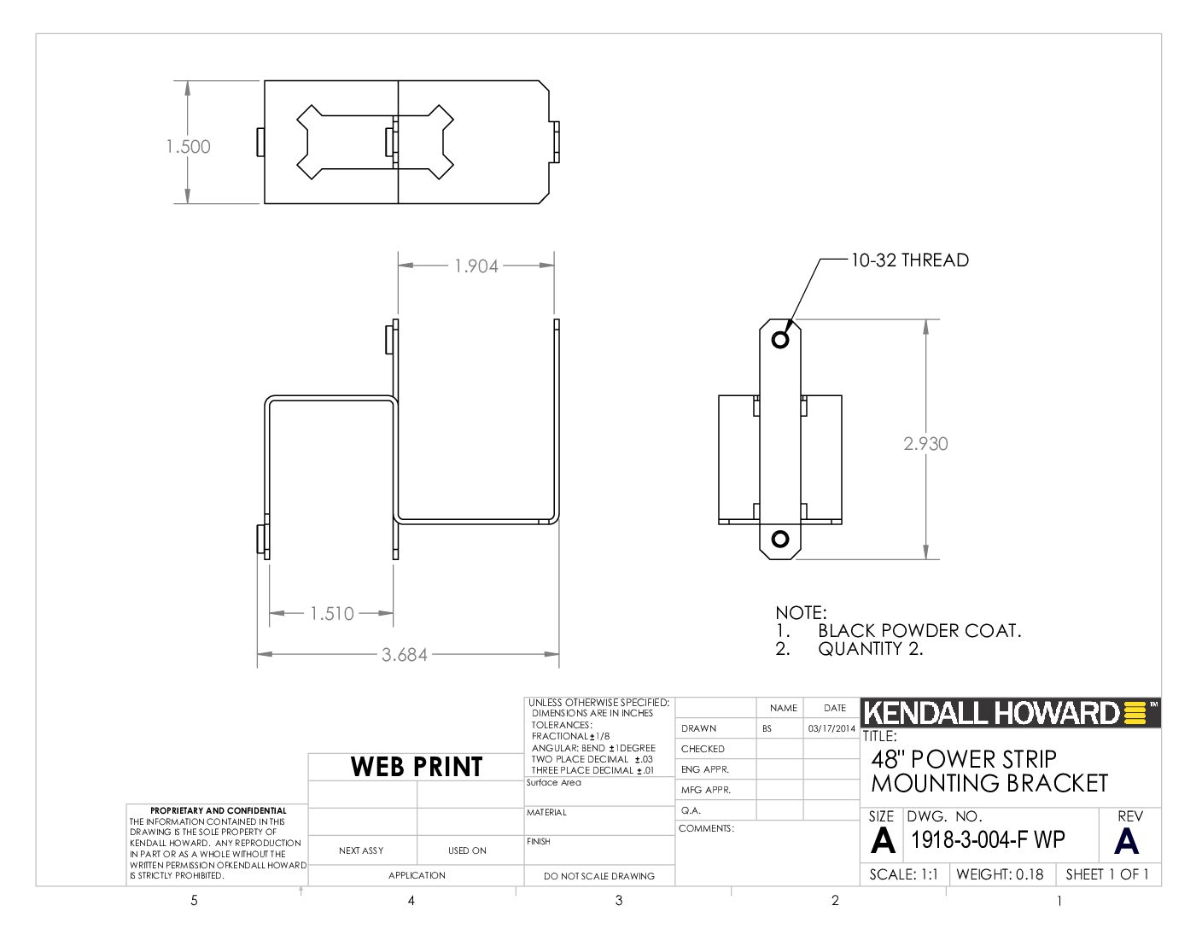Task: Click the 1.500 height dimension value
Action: click(x=188, y=147)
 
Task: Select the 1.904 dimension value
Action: click(x=476, y=266)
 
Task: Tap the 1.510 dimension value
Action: click(x=331, y=614)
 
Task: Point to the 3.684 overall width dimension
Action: click(x=405, y=655)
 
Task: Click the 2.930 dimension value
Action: click(x=925, y=444)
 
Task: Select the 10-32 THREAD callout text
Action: click(x=910, y=260)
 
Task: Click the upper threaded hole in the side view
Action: click(x=780, y=339)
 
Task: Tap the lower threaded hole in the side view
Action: click(x=780, y=539)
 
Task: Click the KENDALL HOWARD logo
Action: click(x=1010, y=713)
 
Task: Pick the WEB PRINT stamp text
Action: click(x=417, y=767)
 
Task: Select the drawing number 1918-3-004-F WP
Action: click(x=988, y=840)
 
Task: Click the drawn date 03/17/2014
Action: click(x=831, y=728)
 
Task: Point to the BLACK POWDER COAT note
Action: click(x=919, y=631)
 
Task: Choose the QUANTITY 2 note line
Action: click(x=871, y=648)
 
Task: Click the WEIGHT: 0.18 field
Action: click(x=1000, y=874)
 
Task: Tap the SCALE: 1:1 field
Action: click(x=904, y=874)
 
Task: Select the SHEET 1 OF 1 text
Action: click(x=1107, y=874)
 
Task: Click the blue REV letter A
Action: click(x=1126, y=842)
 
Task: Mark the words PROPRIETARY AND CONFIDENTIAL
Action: click(x=219, y=810)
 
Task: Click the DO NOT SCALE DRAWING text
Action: click(x=599, y=876)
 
